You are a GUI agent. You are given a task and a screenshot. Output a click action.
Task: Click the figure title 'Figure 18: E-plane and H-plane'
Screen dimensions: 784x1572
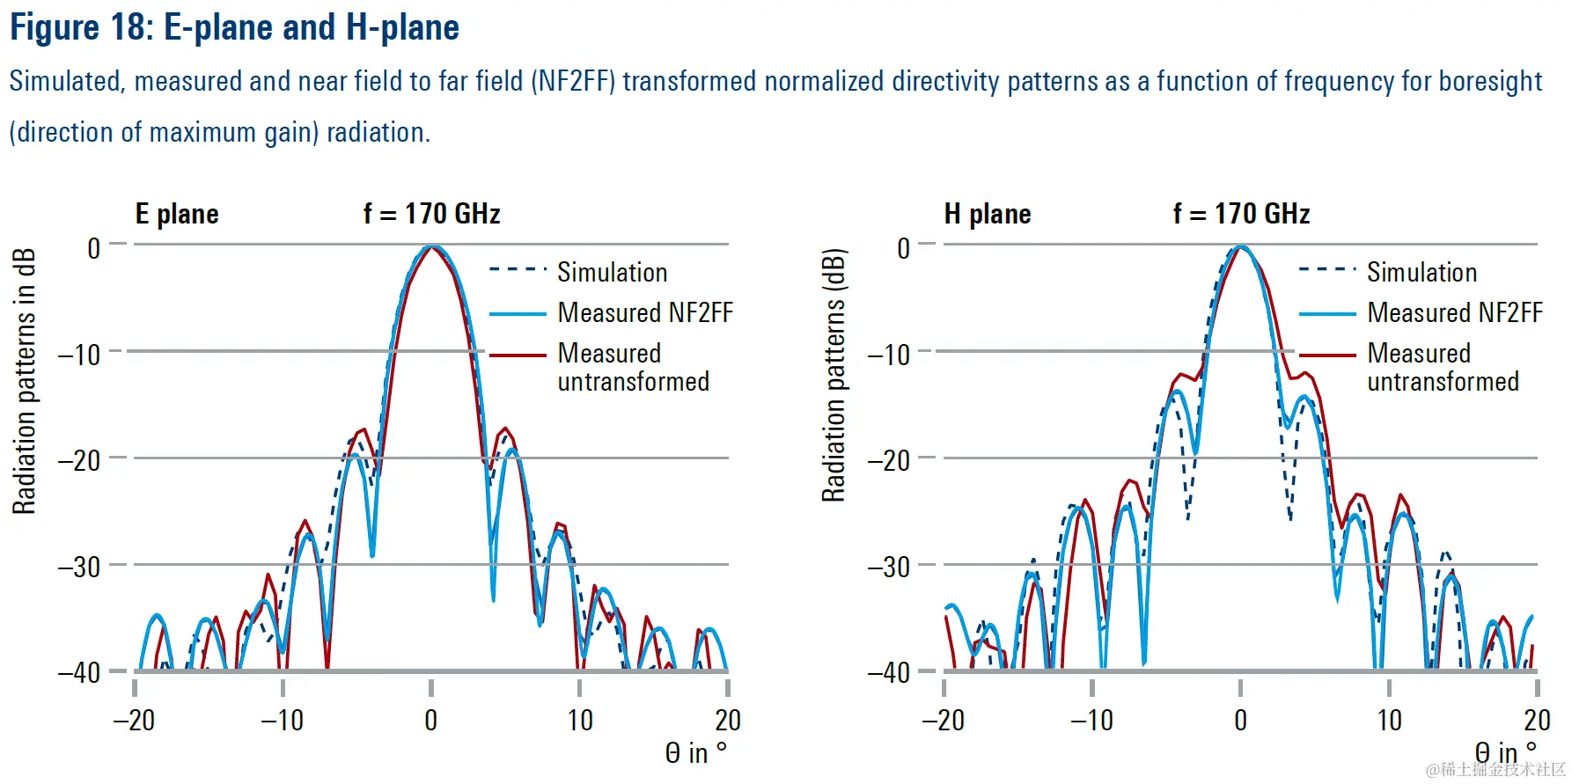(234, 27)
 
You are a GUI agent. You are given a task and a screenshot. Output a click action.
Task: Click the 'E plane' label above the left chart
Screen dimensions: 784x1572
(177, 214)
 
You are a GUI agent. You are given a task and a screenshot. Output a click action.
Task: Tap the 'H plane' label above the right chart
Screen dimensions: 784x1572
(987, 214)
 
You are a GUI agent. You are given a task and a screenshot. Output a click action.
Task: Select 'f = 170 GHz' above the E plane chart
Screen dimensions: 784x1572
(431, 214)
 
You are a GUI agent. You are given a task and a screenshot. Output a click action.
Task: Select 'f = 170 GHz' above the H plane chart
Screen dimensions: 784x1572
(1241, 214)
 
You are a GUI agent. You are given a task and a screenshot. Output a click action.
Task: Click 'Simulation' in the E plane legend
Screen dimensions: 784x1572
(612, 272)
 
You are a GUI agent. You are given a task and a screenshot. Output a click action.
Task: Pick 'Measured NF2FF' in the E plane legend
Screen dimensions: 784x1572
(644, 312)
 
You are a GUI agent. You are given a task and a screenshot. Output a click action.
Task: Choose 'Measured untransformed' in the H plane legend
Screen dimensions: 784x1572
(1443, 367)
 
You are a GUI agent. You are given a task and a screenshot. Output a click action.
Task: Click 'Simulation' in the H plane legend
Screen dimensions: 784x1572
(1421, 272)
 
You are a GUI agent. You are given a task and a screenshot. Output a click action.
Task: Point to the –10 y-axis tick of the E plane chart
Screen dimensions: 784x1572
(79, 355)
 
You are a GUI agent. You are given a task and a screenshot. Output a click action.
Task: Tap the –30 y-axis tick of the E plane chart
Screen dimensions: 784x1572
(79, 567)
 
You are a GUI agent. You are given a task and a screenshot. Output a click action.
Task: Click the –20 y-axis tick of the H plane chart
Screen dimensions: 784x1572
(889, 460)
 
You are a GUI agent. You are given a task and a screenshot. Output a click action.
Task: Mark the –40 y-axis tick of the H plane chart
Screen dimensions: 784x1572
(889, 673)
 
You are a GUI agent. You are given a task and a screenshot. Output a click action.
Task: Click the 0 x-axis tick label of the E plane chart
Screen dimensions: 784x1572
(430, 721)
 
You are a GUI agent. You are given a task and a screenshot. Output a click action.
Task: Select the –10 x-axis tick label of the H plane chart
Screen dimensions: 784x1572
(1091, 721)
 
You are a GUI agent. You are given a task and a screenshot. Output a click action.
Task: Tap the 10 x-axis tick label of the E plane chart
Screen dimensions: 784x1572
(580, 721)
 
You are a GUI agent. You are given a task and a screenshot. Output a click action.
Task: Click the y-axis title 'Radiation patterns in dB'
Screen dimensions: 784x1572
(24, 380)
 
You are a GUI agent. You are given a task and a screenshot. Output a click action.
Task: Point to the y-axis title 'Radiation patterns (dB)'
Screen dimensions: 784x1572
(834, 376)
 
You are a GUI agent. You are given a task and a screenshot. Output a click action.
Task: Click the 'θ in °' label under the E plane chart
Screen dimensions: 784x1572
(695, 753)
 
